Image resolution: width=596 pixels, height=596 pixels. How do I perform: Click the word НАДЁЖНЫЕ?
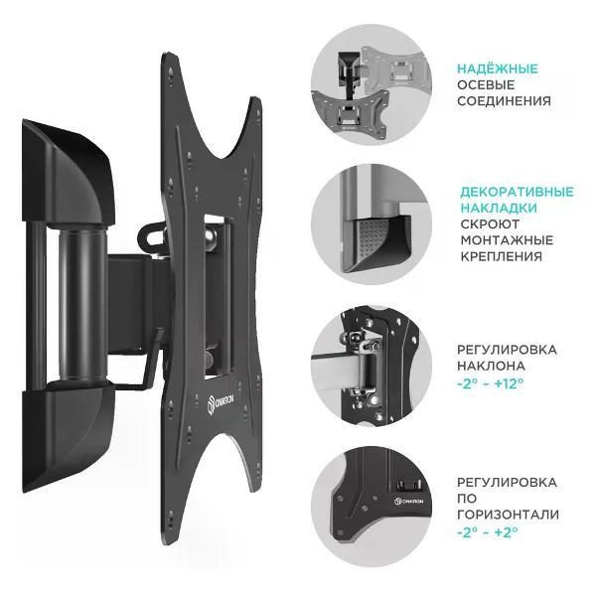click(498, 69)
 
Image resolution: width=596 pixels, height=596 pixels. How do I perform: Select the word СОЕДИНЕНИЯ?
click(504, 101)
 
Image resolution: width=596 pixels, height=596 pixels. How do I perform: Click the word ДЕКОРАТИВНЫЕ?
click(517, 192)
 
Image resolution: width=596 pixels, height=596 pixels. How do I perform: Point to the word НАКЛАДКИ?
click(499, 208)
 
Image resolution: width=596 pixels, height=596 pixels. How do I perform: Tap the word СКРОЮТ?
click(490, 224)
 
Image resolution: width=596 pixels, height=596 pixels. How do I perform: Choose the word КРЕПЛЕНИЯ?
click(501, 256)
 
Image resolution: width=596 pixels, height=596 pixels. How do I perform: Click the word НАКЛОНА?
click(491, 366)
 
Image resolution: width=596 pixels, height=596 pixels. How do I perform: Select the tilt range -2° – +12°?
click(491, 382)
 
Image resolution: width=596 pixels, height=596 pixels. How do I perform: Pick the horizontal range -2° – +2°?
click(488, 531)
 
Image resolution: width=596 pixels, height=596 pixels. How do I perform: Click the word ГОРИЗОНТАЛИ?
click(508, 515)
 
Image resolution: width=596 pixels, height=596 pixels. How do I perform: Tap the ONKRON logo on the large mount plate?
click(221, 404)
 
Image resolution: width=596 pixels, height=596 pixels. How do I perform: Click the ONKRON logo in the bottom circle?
click(408, 502)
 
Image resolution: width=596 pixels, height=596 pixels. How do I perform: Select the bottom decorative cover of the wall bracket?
click(68, 436)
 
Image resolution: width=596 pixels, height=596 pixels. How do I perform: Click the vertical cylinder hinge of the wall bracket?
click(82, 303)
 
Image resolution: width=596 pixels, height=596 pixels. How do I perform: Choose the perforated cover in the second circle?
click(377, 243)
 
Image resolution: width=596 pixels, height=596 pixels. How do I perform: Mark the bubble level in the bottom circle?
click(408, 485)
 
